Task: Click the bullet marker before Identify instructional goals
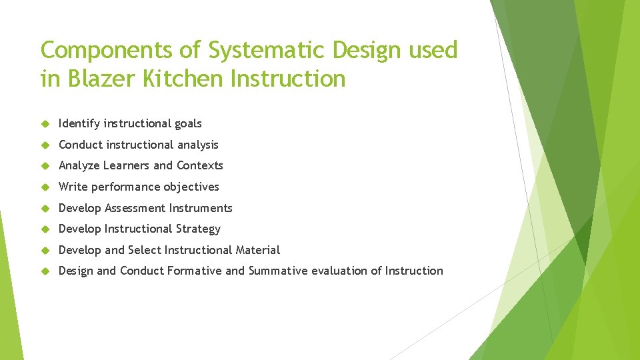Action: pyautogui.click(x=45, y=124)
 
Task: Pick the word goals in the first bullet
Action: pyautogui.click(x=188, y=123)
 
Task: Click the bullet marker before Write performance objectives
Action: pyautogui.click(x=45, y=187)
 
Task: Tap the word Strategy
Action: pyautogui.click(x=198, y=229)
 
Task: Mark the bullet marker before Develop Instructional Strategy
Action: pyautogui.click(x=45, y=229)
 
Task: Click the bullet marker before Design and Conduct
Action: pyautogui.click(x=45, y=271)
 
